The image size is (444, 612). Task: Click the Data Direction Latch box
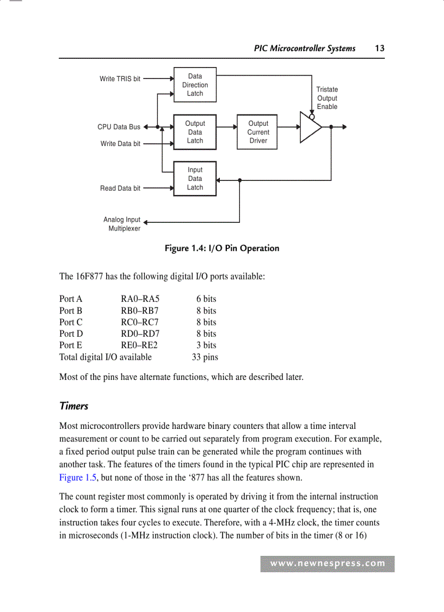tap(195, 85)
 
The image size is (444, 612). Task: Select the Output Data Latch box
tap(195, 132)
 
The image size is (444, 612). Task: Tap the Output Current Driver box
tap(257, 132)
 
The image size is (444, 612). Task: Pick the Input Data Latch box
tap(195, 179)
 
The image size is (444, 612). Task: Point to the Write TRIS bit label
tap(120, 79)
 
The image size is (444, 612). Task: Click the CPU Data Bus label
tap(119, 127)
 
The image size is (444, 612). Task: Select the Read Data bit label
tap(120, 189)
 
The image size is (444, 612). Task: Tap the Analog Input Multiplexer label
tap(122, 224)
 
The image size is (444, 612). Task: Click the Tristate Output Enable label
tap(327, 98)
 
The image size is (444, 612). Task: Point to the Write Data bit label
tap(120, 144)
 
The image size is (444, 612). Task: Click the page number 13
tap(380, 48)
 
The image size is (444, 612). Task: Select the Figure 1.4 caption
tap(222, 249)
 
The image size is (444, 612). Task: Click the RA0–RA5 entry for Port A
tap(140, 299)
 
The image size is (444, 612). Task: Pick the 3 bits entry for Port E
tap(206, 345)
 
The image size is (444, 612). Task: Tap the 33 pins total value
tap(205, 357)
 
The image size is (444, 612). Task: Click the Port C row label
tap(71, 322)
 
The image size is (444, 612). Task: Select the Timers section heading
tap(73, 406)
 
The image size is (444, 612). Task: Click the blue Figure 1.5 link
tap(78, 477)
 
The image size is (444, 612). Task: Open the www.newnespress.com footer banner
tap(328, 564)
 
